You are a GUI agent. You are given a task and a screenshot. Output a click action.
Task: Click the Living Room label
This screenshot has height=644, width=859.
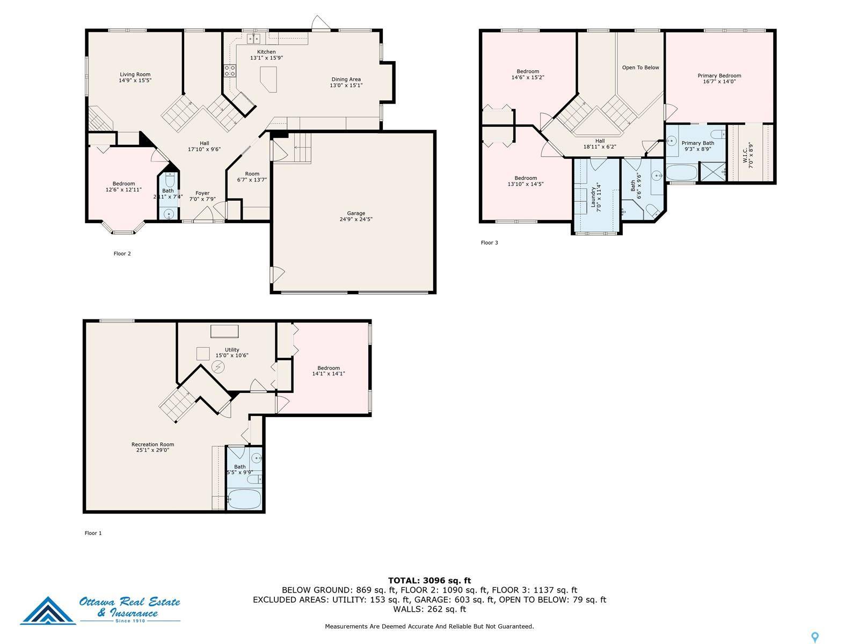coord(135,75)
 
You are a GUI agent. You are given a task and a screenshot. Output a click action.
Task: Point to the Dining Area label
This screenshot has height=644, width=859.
coord(346,79)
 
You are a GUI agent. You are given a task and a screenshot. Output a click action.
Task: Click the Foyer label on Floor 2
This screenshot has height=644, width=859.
coord(202,193)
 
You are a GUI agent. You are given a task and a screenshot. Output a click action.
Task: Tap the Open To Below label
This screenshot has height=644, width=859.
coord(640,68)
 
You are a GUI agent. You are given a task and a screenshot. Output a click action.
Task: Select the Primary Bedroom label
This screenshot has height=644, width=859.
coord(719,76)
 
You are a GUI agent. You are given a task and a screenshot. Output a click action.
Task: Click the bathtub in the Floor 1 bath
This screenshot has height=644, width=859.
coord(245,500)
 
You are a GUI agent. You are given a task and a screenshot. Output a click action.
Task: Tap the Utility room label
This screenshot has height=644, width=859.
coord(232,350)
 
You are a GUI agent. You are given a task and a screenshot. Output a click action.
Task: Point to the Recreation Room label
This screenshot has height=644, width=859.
coord(152,444)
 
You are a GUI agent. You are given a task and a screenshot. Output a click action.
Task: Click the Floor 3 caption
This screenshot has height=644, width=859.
coord(489,243)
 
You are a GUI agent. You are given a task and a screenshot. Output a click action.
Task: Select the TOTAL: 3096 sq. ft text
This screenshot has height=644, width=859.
coord(429,580)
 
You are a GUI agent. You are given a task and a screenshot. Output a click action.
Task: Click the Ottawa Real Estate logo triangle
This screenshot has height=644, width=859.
coord(48,612)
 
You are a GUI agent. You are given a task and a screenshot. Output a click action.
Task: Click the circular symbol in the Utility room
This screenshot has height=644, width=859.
coord(219,367)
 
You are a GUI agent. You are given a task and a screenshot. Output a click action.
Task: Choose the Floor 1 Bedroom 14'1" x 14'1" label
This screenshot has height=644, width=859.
coord(328,371)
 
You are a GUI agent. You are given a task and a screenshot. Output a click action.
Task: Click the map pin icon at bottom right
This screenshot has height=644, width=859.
coord(815,638)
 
